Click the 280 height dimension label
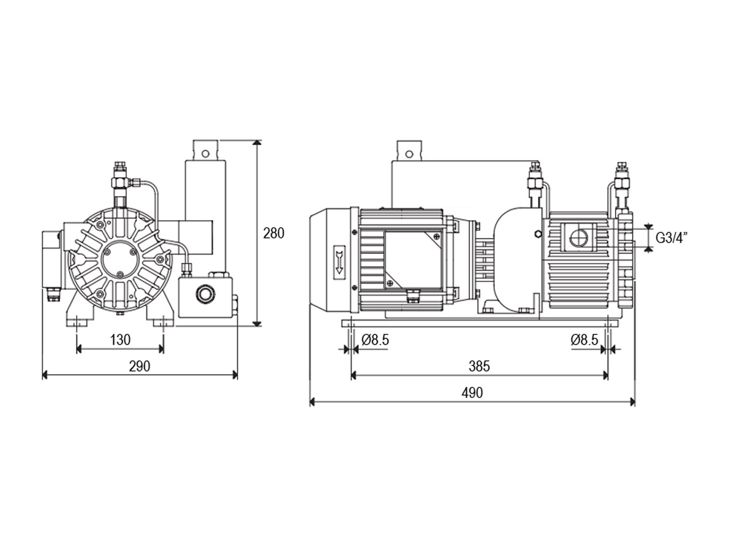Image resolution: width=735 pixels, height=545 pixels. click(x=273, y=234)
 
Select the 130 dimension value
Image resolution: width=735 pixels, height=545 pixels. click(x=120, y=340)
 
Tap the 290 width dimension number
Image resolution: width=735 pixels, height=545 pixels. click(x=140, y=366)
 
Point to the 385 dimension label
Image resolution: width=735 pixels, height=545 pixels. click(x=479, y=366)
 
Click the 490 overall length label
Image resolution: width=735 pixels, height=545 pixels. click(x=472, y=393)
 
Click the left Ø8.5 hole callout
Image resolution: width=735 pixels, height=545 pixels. click(x=375, y=340)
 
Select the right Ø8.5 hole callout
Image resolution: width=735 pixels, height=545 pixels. click(x=584, y=340)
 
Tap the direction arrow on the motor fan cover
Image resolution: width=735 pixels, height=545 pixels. click(x=339, y=259)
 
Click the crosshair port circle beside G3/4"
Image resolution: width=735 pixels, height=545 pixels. click(x=579, y=237)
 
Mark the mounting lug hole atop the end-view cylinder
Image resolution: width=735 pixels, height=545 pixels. click(x=206, y=153)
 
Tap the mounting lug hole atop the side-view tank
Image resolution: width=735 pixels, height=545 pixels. click(x=409, y=154)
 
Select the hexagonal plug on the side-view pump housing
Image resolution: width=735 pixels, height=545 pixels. click(x=538, y=234)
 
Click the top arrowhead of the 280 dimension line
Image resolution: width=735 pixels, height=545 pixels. click(x=257, y=143)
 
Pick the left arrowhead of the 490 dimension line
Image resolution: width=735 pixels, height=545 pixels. click(x=312, y=402)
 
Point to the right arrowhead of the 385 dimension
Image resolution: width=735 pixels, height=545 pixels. click(x=605, y=376)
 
